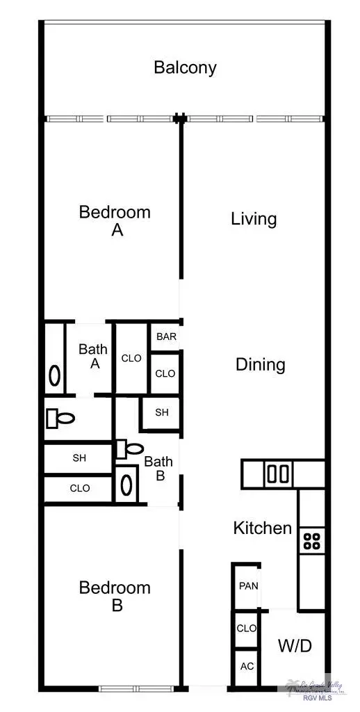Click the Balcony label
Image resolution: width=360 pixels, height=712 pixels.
click(x=185, y=67)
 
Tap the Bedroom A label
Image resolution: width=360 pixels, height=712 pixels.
click(x=115, y=220)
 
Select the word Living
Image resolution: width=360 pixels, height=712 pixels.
click(x=254, y=219)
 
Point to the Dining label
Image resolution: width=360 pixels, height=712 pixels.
click(x=260, y=364)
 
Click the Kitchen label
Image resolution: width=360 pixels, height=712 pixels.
click(x=262, y=528)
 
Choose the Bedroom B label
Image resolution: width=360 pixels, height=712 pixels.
click(x=115, y=596)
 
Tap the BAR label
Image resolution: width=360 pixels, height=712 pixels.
click(x=166, y=337)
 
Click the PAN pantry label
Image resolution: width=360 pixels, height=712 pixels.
click(x=248, y=586)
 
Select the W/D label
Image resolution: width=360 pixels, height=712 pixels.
click(x=295, y=646)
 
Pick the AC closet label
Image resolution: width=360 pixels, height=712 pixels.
click(x=247, y=666)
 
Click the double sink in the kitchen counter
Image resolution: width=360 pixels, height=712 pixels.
click(x=277, y=474)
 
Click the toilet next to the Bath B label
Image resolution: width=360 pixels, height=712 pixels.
click(x=129, y=448)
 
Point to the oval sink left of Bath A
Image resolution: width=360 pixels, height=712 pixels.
click(x=55, y=376)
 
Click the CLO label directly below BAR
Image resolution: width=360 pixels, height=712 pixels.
click(x=165, y=373)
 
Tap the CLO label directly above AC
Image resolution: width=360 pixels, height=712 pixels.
click(x=247, y=628)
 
